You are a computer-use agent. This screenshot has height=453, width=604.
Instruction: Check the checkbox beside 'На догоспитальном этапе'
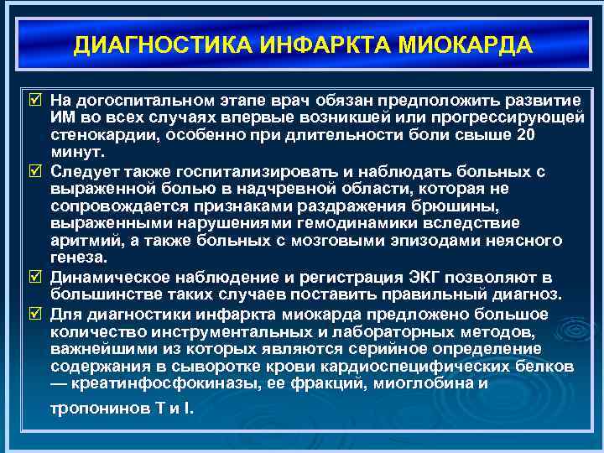[34, 100]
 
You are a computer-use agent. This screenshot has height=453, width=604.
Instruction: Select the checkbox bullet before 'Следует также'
[34, 171]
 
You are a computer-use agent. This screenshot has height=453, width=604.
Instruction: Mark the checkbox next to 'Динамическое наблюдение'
[34, 276]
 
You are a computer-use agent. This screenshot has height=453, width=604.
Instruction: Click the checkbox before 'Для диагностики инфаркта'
[34, 314]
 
